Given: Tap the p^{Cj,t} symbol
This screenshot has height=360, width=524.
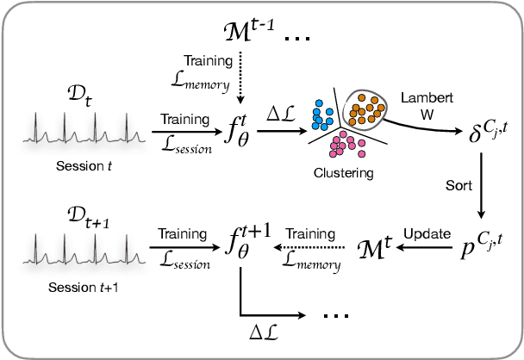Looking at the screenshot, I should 479,250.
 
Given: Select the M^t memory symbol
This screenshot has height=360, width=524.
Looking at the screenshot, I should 375,251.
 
